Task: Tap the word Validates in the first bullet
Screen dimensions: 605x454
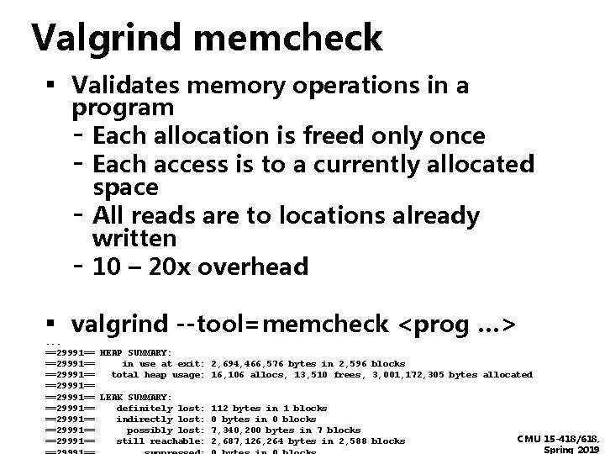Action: (x=125, y=85)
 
